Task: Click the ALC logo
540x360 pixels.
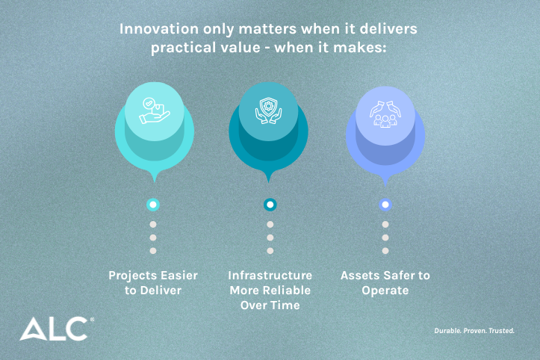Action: click(56, 329)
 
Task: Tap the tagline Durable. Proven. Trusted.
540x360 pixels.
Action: click(475, 330)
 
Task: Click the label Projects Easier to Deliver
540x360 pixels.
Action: click(153, 282)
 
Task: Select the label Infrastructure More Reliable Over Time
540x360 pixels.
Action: click(270, 290)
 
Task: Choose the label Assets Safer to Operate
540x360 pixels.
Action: click(385, 282)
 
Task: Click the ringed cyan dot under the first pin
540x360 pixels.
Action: click(153, 204)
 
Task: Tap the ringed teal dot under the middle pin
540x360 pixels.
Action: click(270, 204)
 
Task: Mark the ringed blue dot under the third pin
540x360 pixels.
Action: click(385, 204)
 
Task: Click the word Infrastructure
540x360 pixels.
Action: click(270, 275)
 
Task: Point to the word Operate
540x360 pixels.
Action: click(385, 290)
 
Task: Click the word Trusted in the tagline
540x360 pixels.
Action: click(500, 330)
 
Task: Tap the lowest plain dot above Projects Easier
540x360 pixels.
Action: click(153, 251)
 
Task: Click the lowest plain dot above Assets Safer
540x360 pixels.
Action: click(385, 251)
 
